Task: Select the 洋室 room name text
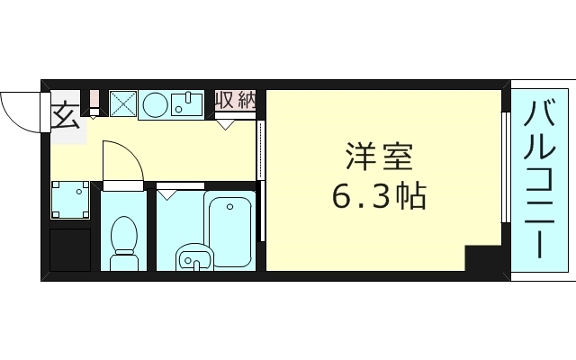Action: click(x=379, y=158)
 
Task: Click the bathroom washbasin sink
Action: click(x=193, y=258)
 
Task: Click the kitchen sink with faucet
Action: click(x=188, y=104)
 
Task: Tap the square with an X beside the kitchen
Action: click(x=123, y=104)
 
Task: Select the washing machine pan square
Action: click(x=69, y=201)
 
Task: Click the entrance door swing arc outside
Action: click(x=20, y=109)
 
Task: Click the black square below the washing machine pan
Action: click(x=69, y=249)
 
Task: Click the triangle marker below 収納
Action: click(x=225, y=124)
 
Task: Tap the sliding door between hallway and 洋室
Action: click(x=261, y=180)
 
